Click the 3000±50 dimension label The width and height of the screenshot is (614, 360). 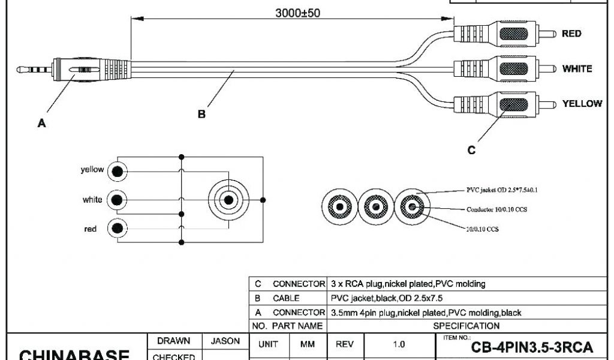(x=297, y=13)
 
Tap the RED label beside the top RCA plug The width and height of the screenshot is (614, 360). (x=571, y=34)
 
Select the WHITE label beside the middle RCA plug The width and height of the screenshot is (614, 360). (x=577, y=68)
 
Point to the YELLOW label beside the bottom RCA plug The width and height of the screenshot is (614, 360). (x=582, y=104)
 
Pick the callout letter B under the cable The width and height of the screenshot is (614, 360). (x=202, y=113)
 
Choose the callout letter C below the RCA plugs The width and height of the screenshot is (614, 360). (x=471, y=150)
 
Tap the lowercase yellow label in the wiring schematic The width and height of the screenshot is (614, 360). (x=92, y=170)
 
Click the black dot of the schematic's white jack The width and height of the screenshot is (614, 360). (x=118, y=199)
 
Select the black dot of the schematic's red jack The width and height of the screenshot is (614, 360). (x=118, y=228)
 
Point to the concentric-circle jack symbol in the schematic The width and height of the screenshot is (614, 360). (x=228, y=199)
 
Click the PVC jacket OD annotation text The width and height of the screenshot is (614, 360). (x=502, y=190)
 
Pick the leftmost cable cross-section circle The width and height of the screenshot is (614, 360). (x=339, y=208)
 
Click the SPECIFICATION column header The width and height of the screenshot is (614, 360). (x=466, y=326)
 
